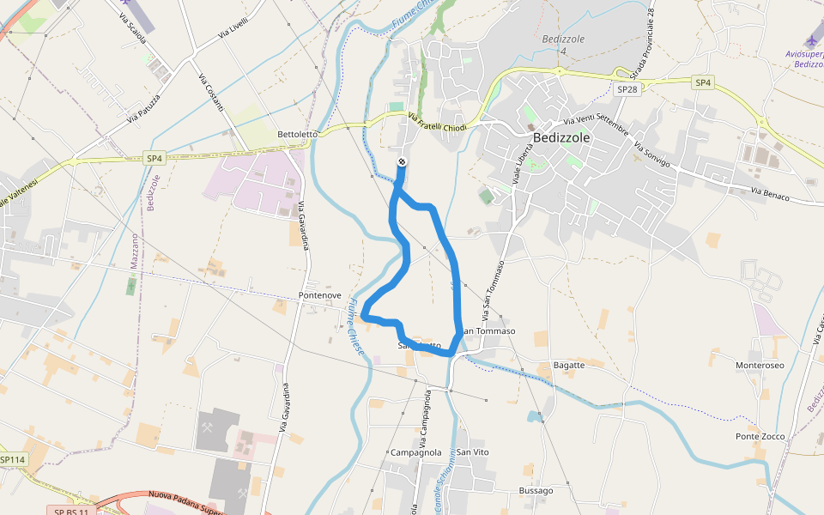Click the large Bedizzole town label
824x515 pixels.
(561, 137)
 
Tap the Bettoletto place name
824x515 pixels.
(298, 135)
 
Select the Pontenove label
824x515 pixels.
(319, 295)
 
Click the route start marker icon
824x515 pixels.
(402, 163)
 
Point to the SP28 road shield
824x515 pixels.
(627, 89)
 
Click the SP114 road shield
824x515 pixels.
(13, 460)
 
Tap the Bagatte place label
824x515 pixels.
(569, 365)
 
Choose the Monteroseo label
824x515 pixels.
(760, 365)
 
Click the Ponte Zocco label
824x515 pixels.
(760, 436)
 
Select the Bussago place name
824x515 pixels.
(536, 491)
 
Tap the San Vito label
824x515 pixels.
(472, 452)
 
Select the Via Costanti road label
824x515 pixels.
(211, 93)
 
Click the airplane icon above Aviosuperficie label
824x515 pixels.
(813, 40)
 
